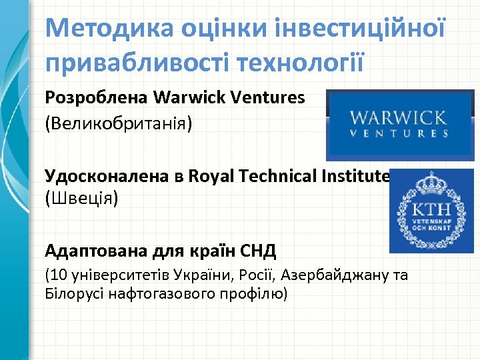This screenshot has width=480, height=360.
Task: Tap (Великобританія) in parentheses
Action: (x=118, y=124)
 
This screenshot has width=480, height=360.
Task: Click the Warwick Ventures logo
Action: (x=399, y=125)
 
